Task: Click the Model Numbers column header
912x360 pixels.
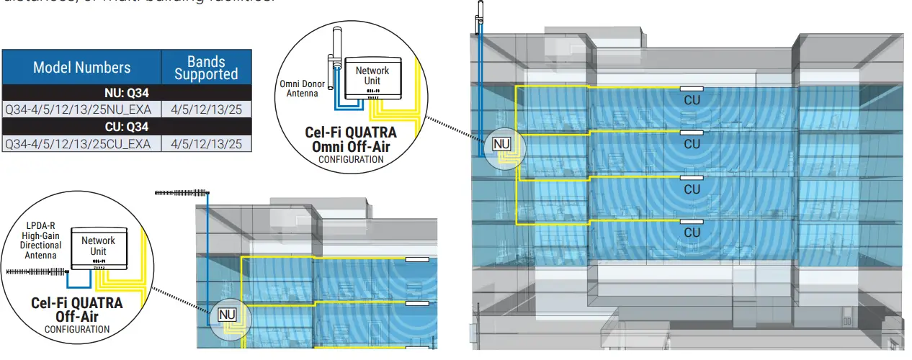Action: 81,68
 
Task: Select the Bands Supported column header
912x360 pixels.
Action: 206,68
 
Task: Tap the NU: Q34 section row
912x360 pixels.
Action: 127,92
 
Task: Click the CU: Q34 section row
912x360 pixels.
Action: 127,127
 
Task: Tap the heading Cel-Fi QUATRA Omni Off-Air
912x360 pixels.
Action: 350,140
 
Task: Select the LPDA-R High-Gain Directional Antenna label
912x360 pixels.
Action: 41,240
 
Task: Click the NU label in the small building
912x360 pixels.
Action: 227,314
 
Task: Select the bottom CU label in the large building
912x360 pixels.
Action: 692,233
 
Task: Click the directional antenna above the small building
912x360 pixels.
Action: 182,193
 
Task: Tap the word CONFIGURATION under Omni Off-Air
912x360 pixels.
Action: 351,159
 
